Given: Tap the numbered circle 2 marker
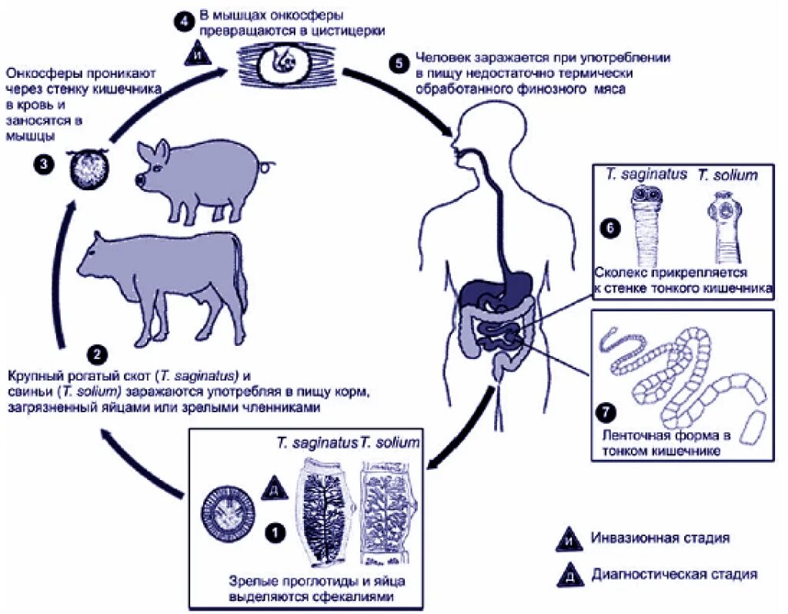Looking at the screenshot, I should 96,355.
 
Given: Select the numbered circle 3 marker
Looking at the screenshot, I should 47,164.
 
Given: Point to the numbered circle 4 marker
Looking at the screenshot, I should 182,21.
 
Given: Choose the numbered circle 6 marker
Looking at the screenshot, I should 607,229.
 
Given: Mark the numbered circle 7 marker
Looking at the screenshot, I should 607,411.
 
